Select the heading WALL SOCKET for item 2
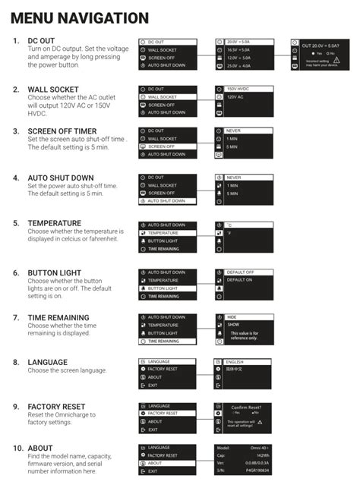[55, 90]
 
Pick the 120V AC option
[236, 98]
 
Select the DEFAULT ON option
[240, 280]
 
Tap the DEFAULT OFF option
[241, 272]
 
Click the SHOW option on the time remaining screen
[233, 325]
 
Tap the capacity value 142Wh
[262, 455]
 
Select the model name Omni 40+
[259, 448]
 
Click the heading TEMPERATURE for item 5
[54, 223]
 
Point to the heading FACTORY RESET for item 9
[56, 407]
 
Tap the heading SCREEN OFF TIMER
[62, 131]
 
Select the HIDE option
[232, 316]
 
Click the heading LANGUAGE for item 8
[47, 362]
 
